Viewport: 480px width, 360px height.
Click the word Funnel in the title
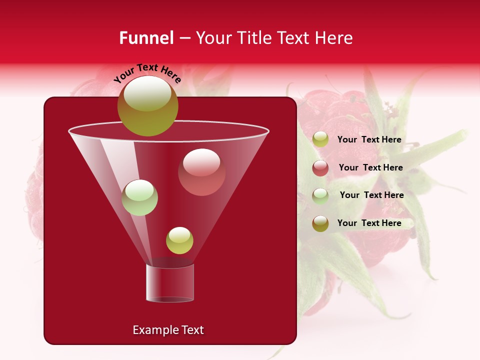pyautogui.click(x=146, y=38)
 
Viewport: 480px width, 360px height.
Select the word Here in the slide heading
pyautogui.click(x=334, y=38)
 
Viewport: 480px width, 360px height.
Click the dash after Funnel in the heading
pyautogui.click(x=184, y=38)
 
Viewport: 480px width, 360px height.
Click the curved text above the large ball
pyautogui.click(x=147, y=73)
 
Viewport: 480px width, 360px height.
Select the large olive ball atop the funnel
pyautogui.click(x=147, y=106)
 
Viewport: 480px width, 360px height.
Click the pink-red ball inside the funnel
pyautogui.click(x=201, y=172)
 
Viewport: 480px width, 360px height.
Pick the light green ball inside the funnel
pyautogui.click(x=139, y=197)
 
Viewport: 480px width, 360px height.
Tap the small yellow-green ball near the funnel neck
pyautogui.click(x=179, y=240)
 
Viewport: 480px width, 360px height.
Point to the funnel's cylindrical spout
pyautogui.click(x=169, y=283)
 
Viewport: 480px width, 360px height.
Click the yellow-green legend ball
pyautogui.click(x=320, y=139)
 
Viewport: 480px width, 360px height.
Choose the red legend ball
pyautogui.click(x=320, y=168)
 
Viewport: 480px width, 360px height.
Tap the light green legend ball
pyautogui.click(x=320, y=195)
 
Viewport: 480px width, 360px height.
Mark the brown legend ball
pyautogui.click(x=320, y=223)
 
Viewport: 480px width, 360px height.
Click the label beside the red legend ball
pyautogui.click(x=370, y=167)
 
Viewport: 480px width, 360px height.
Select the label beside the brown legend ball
pyautogui.click(x=369, y=223)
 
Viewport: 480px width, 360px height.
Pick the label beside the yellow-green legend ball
pyautogui.click(x=369, y=139)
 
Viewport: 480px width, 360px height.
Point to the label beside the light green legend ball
pyautogui.click(x=371, y=195)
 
